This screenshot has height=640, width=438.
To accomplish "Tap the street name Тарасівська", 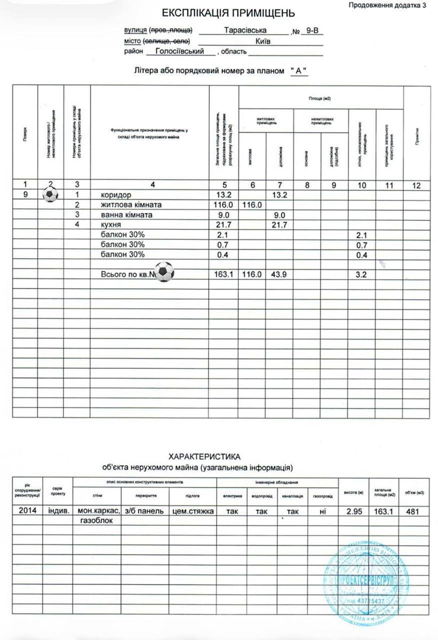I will tap(245, 31).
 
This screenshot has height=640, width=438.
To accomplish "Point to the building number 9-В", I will tap(309, 31).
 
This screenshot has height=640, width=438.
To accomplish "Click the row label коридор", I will tap(116, 195).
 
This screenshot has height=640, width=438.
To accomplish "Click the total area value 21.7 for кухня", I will tap(222, 225).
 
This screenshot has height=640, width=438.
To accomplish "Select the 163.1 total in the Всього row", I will tap(222, 275).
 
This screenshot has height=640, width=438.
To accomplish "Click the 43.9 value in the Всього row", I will tap(280, 275).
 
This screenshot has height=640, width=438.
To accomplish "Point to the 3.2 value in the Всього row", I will tap(363, 275).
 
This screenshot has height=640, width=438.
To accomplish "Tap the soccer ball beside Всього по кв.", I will tap(164, 273).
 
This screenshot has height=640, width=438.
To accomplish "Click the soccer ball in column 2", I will tap(50, 195).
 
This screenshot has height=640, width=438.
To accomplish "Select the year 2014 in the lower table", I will tap(27, 511).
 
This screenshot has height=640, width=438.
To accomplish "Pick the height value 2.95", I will tap(354, 511).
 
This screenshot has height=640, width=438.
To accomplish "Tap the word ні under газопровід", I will tap(322, 511).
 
